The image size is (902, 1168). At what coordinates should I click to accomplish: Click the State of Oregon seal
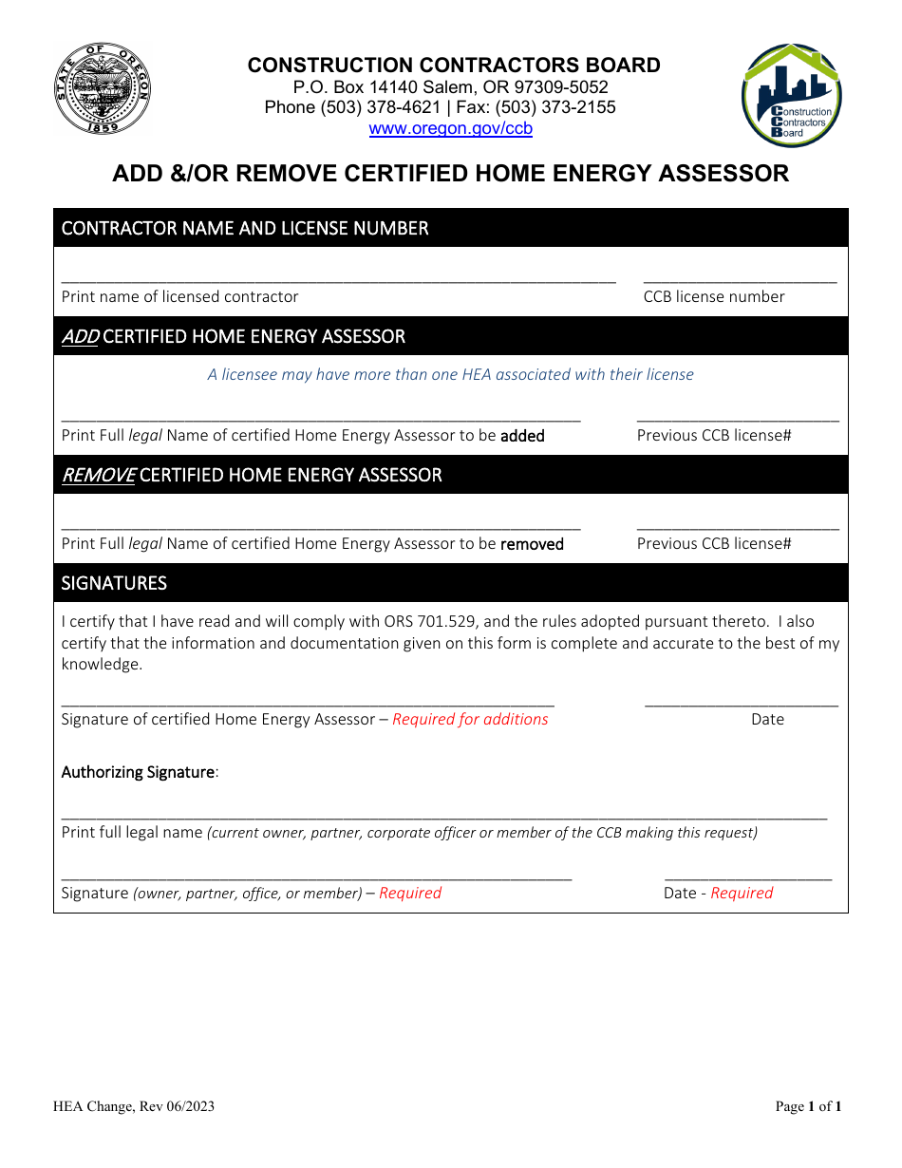click(102, 90)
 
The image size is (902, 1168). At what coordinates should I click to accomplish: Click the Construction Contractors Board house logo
click(791, 95)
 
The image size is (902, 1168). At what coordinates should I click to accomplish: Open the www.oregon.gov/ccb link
click(450, 129)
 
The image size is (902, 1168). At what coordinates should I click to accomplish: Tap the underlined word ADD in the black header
click(80, 337)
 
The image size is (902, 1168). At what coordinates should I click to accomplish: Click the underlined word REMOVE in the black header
click(98, 475)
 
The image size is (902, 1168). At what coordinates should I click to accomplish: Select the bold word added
click(522, 436)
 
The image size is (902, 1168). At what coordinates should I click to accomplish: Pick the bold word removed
click(532, 544)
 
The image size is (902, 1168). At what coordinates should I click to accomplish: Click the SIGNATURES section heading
click(114, 583)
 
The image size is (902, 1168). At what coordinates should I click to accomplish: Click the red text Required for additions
click(470, 720)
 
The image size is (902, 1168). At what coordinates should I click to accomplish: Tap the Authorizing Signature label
click(139, 772)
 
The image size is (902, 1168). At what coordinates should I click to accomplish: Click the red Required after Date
click(742, 893)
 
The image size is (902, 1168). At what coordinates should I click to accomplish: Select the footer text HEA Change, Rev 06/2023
click(134, 1106)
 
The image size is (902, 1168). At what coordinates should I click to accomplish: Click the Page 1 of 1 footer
click(808, 1106)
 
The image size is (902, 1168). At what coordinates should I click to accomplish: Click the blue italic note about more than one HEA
click(450, 374)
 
